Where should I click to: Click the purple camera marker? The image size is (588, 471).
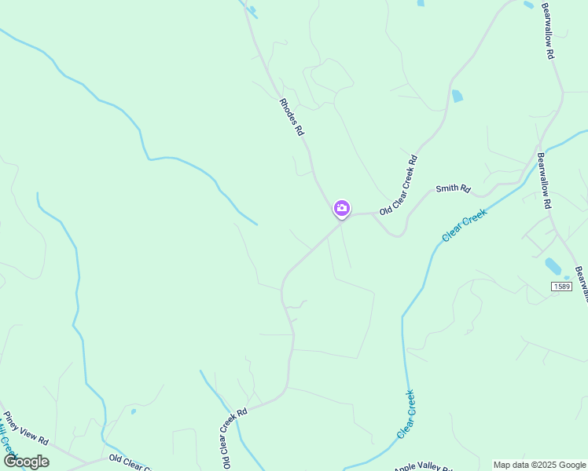tap(342, 208)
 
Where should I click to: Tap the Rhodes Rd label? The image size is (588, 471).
tap(291, 117)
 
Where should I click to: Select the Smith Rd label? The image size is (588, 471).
tap(453, 189)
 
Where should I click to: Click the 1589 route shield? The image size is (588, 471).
tap(560, 287)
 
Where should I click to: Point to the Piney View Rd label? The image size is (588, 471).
tap(26, 429)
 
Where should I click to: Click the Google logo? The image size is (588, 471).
tap(26, 461)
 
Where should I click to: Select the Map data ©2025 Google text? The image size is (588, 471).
tap(539, 465)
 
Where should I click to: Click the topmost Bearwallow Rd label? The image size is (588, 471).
tap(549, 31)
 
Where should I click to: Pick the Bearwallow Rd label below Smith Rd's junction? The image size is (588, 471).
tap(542, 180)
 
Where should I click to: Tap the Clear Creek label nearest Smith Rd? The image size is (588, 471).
tap(465, 225)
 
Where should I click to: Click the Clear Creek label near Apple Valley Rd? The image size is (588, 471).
tap(406, 414)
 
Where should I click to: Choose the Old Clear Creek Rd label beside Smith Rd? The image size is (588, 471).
tap(399, 185)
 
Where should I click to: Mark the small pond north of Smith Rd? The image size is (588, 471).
tap(457, 97)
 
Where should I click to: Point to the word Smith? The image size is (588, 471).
tap(447, 190)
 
